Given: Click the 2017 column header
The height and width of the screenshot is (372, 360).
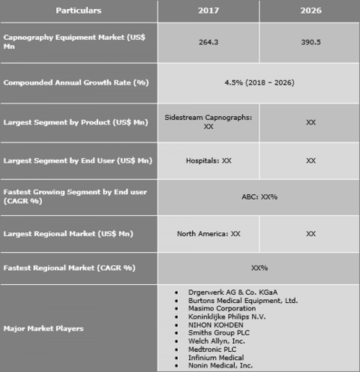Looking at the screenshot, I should [208, 10].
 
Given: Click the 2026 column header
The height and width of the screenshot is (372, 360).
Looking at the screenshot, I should [310, 10].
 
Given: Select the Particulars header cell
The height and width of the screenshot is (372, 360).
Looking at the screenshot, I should [79, 10].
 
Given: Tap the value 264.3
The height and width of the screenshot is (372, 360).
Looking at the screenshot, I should [208, 43].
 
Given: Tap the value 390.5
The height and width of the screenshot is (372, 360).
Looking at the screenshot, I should [310, 43].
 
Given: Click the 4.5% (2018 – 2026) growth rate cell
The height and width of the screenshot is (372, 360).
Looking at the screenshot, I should [259, 83].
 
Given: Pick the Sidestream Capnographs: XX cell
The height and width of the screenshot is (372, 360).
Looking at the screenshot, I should [208, 122].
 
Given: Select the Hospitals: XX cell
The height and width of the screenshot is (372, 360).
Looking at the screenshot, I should [208, 161].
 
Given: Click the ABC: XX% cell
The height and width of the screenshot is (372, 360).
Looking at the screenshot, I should [259, 197].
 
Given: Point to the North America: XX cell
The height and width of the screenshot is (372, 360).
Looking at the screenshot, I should [208, 234].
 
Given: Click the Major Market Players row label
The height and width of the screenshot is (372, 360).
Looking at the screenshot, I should [43, 328].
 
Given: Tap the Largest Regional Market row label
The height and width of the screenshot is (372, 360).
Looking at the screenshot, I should [68, 234].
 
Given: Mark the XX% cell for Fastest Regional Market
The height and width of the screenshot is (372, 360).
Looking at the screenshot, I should [259, 268].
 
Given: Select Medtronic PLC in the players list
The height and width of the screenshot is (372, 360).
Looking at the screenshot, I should [212, 349].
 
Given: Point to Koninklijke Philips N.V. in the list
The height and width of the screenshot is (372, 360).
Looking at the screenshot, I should [227, 317].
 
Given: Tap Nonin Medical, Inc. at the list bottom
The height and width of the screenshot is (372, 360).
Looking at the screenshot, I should [220, 365].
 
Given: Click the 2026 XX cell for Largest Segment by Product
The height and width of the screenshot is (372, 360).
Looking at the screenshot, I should [310, 122].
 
